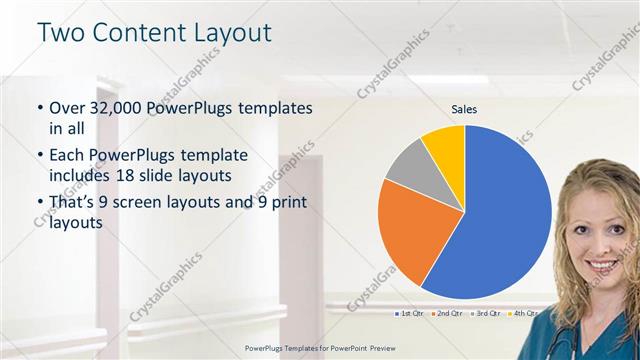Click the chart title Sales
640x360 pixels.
[x=464, y=108]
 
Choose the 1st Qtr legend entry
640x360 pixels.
[x=407, y=314]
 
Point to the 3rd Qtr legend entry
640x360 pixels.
[x=484, y=314]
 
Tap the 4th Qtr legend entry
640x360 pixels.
[x=522, y=314]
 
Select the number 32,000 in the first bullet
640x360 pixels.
[x=113, y=107]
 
